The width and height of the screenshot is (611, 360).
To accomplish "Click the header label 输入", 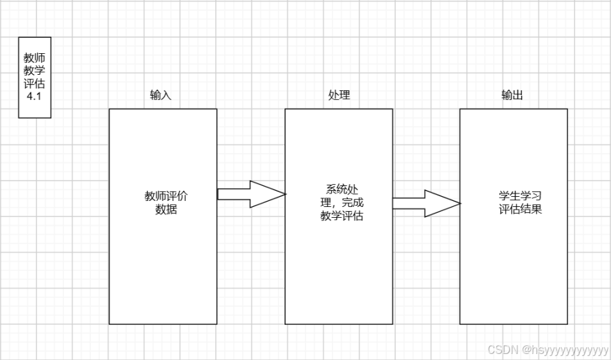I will pyautogui.click(x=161, y=95).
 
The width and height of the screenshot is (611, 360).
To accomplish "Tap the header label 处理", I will pyautogui.click(x=339, y=95).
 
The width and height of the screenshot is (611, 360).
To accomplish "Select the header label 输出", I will pyautogui.click(x=512, y=95).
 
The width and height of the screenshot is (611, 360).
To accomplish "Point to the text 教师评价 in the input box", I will pyautogui.click(x=166, y=196).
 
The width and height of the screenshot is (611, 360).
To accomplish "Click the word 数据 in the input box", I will pyautogui.click(x=166, y=209).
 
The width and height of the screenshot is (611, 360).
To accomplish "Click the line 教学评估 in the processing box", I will pyautogui.click(x=342, y=216).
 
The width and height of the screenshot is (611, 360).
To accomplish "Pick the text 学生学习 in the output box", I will pyautogui.click(x=520, y=196).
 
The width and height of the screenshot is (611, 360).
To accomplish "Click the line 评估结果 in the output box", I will pyautogui.click(x=520, y=209).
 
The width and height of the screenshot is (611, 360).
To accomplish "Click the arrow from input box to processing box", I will pyautogui.click(x=250, y=194).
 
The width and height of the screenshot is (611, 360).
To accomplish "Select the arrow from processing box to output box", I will pyautogui.click(x=426, y=203).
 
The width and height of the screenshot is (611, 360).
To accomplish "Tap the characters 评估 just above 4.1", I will pyautogui.click(x=34, y=83).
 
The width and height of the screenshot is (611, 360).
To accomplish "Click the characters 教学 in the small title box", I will pyautogui.click(x=34, y=71).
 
